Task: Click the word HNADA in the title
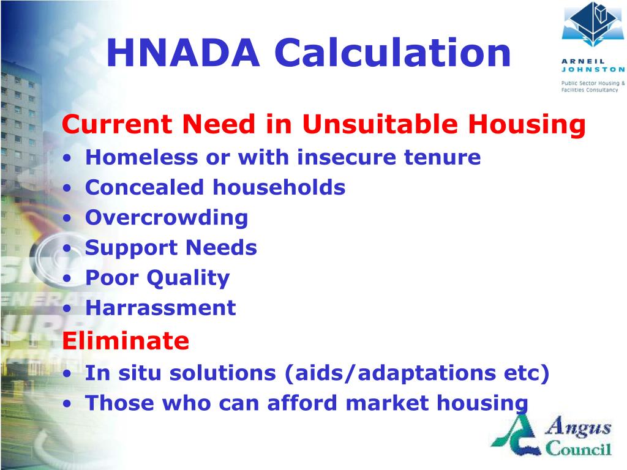coord(182,53)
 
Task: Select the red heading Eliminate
coord(126,340)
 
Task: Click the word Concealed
coord(145,187)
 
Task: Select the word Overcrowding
coord(167,218)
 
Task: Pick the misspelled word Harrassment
coord(160,307)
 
